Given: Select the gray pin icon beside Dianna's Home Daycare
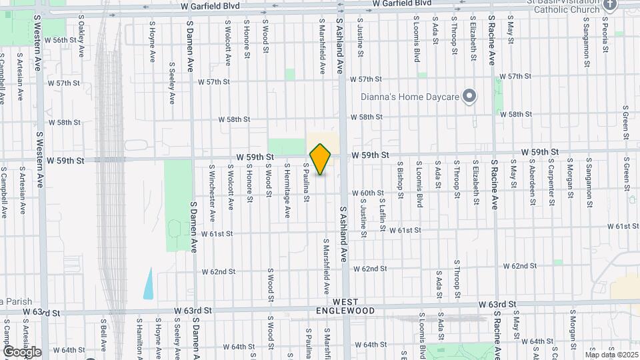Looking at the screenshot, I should pyautogui.click(x=469, y=97).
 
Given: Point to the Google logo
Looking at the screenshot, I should pyautogui.click(x=22, y=352).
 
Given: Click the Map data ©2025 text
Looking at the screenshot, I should pyautogui.click(x=611, y=355).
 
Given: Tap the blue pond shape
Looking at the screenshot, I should pyautogui.click(x=147, y=283).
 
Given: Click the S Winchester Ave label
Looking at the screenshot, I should pyautogui.click(x=212, y=193).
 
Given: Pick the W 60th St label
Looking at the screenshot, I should pyautogui.click(x=369, y=193).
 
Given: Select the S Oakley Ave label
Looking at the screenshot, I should pyautogui.click(x=82, y=41).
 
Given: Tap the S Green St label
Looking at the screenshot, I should pyautogui.click(x=627, y=117).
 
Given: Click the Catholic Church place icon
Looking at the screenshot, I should pyautogui.click(x=610, y=5).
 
